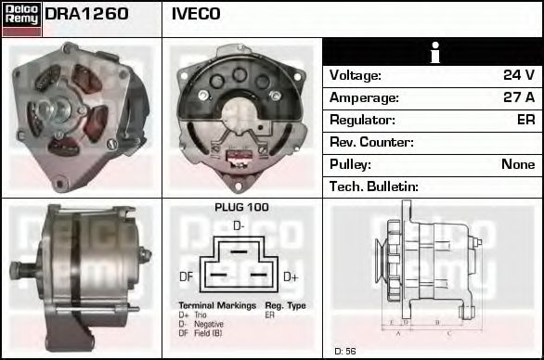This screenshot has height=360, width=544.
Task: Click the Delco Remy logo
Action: (x=21, y=18)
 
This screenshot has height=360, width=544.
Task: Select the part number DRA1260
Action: (x=86, y=14)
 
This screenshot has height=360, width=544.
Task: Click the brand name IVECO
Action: (x=196, y=14)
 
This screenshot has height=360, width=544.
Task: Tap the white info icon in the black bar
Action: (x=432, y=52)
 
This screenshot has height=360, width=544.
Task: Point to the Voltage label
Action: (x=356, y=75)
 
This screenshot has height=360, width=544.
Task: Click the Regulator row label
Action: (x=363, y=120)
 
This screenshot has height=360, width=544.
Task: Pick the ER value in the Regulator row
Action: (x=525, y=120)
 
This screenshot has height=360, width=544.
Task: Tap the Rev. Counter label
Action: (x=371, y=142)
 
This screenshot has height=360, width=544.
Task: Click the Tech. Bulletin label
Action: (x=374, y=186)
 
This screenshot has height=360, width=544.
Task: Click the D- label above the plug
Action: (x=239, y=225)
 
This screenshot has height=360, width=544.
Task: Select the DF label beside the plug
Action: (x=186, y=276)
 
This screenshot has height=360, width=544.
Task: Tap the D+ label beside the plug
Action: (x=291, y=276)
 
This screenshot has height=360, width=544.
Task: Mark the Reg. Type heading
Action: (x=284, y=305)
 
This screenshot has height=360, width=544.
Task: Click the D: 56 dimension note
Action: (x=345, y=351)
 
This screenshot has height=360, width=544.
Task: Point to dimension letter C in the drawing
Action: (x=447, y=331)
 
